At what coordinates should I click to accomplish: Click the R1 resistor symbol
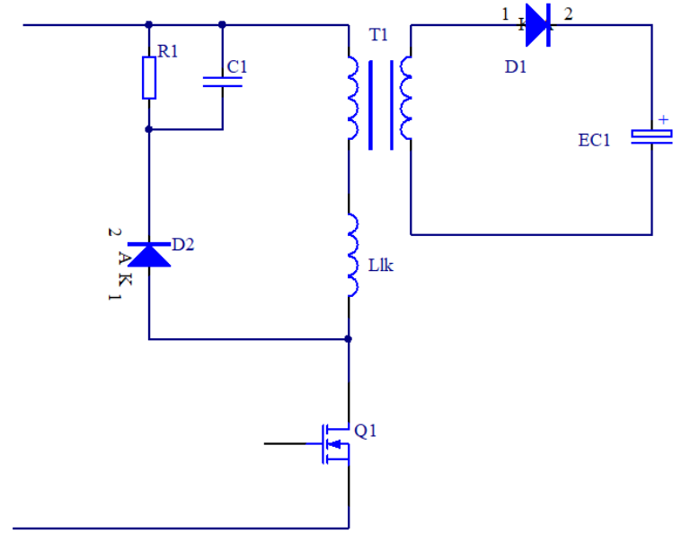point(149,77)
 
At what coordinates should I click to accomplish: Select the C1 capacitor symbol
point(222,82)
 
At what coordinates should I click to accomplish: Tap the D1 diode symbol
point(537,24)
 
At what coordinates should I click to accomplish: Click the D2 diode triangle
point(149,254)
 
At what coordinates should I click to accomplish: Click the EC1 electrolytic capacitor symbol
point(651,135)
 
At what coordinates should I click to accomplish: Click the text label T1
point(379,35)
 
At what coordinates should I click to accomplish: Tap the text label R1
point(168,51)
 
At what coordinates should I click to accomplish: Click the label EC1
point(594,140)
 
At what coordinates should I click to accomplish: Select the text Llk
point(381,266)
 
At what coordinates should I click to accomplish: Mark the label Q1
point(366,431)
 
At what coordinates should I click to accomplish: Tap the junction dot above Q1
point(349,339)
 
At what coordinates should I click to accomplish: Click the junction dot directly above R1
point(149,25)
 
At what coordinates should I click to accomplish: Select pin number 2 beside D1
point(568,13)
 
